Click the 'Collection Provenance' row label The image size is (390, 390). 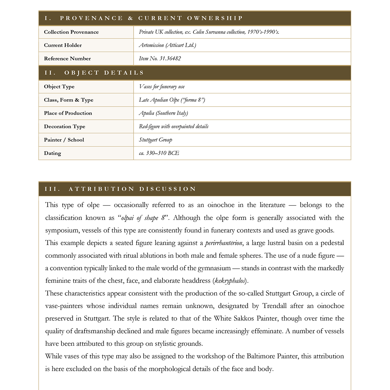(x=71, y=32)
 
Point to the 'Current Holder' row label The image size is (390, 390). (x=63, y=45)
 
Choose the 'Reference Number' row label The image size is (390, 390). (x=67, y=59)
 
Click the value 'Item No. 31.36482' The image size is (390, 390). (x=160, y=58)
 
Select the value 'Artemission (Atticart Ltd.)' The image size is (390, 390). (x=167, y=45)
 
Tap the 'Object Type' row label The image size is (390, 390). (x=59, y=87)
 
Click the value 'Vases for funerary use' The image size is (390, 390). (x=162, y=87)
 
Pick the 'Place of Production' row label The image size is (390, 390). (x=68, y=113)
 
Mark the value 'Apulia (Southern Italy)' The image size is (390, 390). (x=163, y=113)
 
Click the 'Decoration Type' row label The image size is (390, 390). (x=64, y=126)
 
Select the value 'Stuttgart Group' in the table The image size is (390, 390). (x=155, y=140)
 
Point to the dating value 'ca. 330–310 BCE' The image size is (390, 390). (x=159, y=153)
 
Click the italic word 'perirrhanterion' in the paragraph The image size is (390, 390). (x=224, y=243)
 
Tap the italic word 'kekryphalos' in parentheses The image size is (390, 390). (x=230, y=281)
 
